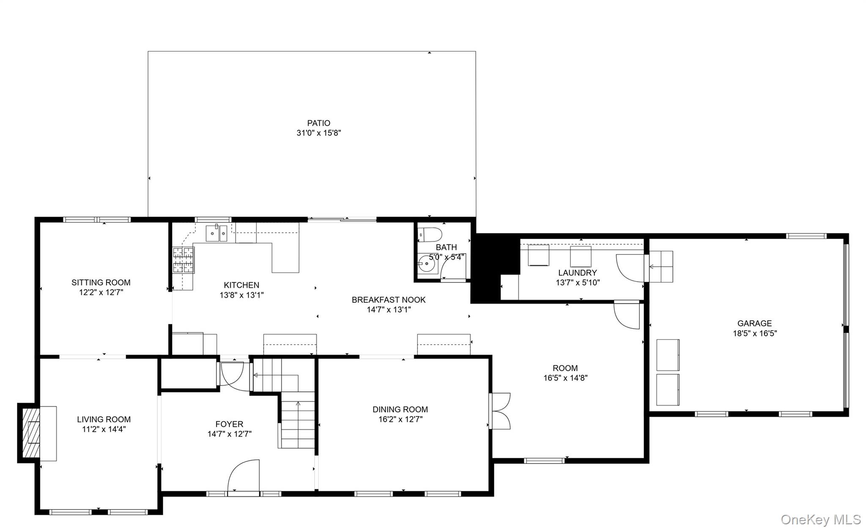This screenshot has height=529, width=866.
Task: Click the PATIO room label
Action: [x=318, y=123]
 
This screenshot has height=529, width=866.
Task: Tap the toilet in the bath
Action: [x=430, y=234]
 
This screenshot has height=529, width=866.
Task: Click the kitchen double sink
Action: [x=216, y=233]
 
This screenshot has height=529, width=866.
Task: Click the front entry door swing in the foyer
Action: [x=243, y=476]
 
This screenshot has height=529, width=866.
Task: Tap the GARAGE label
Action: [x=754, y=323]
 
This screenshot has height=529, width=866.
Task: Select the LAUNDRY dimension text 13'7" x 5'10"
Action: [x=578, y=282]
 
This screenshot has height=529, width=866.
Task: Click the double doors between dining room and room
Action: [x=500, y=411]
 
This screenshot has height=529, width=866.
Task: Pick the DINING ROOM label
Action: [x=400, y=409]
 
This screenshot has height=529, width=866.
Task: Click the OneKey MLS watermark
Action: [x=821, y=519]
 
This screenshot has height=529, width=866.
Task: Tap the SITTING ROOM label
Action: [x=101, y=282]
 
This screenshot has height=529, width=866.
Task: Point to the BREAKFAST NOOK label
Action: [x=389, y=300]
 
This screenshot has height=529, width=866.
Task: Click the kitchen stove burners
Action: [x=184, y=260]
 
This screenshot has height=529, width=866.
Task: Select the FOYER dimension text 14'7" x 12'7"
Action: [x=229, y=434]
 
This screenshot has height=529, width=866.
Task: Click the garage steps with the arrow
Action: [x=660, y=267]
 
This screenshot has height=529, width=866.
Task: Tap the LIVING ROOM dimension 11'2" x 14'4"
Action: [x=104, y=429]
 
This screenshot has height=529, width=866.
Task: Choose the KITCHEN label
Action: [x=241, y=285]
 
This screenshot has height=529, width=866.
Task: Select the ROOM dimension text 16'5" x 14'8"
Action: [x=565, y=378]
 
